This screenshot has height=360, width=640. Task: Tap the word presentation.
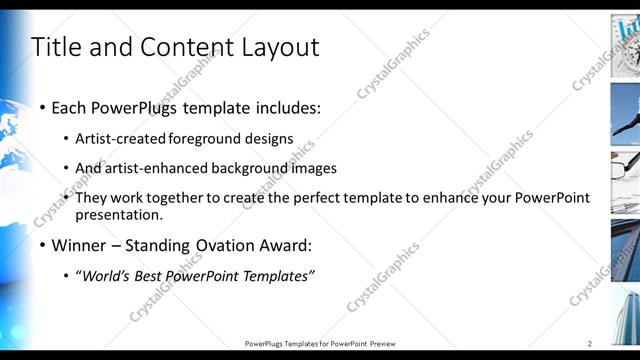[118, 214]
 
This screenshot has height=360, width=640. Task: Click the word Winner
[78, 245]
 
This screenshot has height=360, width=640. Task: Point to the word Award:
[283, 245]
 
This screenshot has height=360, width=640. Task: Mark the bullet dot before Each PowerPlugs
[41, 107]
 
